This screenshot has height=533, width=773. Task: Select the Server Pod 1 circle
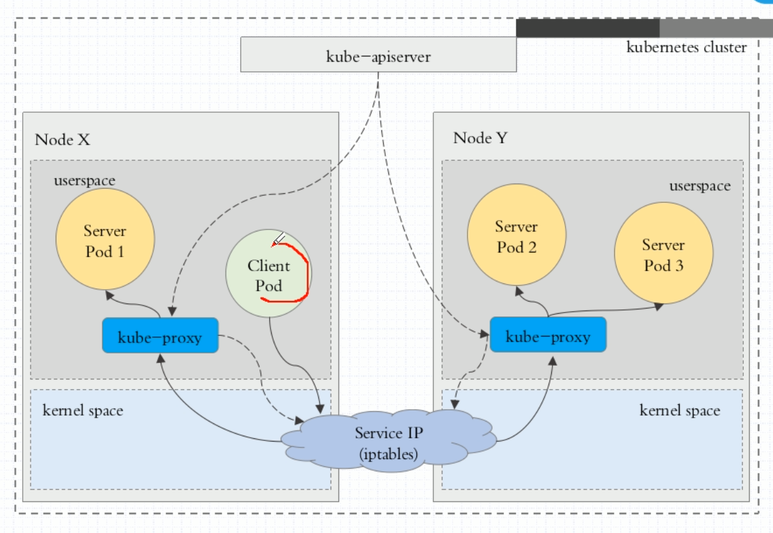pos(105,239)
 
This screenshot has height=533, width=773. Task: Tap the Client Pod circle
pos(268,274)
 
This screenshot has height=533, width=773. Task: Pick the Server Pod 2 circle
pos(517,235)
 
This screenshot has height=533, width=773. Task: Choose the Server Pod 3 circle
pos(663,255)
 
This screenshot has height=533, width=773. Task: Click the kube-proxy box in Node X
pos(160,336)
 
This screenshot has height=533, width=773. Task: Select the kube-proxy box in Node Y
pos(548,335)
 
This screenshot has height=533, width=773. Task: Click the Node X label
pos(62,139)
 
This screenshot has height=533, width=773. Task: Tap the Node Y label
pos(481,137)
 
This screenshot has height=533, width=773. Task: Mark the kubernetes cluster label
pos(686,47)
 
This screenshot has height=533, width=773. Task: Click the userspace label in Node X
pos(84,180)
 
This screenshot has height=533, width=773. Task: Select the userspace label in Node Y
pos(700,186)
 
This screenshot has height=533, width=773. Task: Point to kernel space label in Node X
pos(82,410)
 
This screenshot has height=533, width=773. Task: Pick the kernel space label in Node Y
pos(680,410)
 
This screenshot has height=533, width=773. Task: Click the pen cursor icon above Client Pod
pos(279,240)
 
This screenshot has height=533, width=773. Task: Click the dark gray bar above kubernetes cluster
pos(588,28)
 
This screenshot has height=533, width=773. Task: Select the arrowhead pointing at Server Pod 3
pos(659,306)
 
